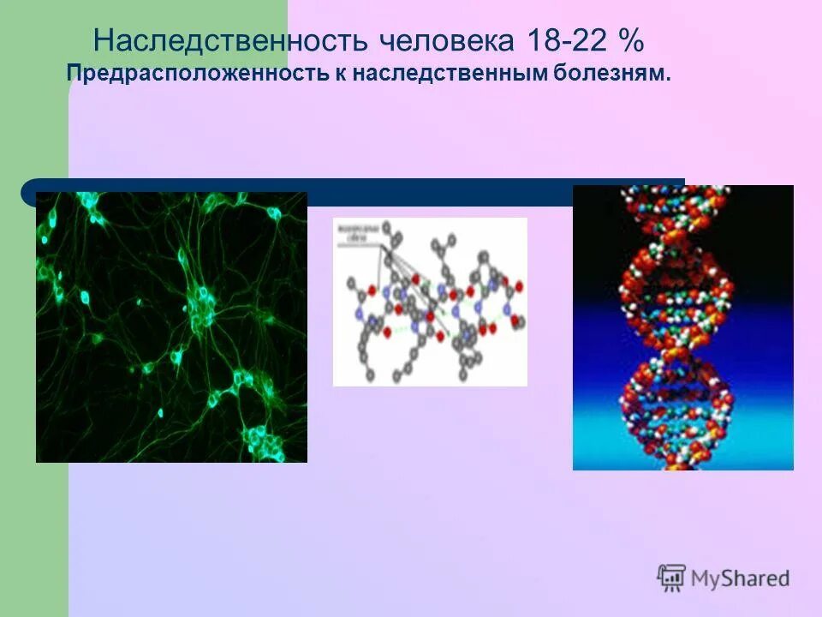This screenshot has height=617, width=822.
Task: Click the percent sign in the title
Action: coord(630,39)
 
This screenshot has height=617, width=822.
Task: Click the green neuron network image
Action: coord(171,327)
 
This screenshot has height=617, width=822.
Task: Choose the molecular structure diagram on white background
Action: coord(430,302)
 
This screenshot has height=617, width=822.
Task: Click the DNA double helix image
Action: coord(682,327)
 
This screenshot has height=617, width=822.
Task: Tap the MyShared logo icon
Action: coord(671,578)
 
